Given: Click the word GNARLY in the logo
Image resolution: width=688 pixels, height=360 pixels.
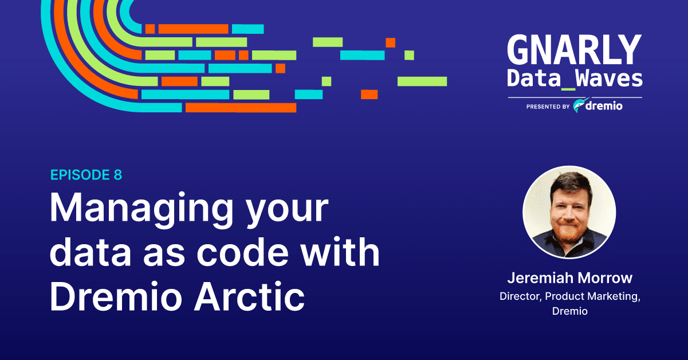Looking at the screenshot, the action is click(x=575, y=50).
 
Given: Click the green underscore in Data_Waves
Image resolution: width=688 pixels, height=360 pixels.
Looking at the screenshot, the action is click(x=568, y=89).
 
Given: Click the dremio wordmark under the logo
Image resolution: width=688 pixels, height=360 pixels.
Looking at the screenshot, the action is click(x=604, y=106).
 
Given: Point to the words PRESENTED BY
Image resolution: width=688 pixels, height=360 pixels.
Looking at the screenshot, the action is click(x=548, y=107).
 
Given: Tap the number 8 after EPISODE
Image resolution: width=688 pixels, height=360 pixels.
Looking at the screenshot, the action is click(x=118, y=175).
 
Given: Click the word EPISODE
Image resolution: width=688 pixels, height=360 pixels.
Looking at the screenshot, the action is click(x=80, y=175).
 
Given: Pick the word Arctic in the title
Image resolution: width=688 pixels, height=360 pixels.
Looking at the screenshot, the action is click(x=249, y=296).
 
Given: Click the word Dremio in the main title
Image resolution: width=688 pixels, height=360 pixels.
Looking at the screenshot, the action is click(x=116, y=296).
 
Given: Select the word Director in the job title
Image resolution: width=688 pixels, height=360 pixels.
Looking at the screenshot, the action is click(x=521, y=296).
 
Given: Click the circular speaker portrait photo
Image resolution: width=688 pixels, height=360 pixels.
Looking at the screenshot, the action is click(x=569, y=212).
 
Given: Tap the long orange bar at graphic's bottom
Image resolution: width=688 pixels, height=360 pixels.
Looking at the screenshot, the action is click(x=241, y=108).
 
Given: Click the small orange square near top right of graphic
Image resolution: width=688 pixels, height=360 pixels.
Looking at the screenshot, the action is click(x=390, y=42).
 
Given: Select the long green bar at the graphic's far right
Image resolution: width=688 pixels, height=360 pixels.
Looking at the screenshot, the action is click(x=422, y=81).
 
